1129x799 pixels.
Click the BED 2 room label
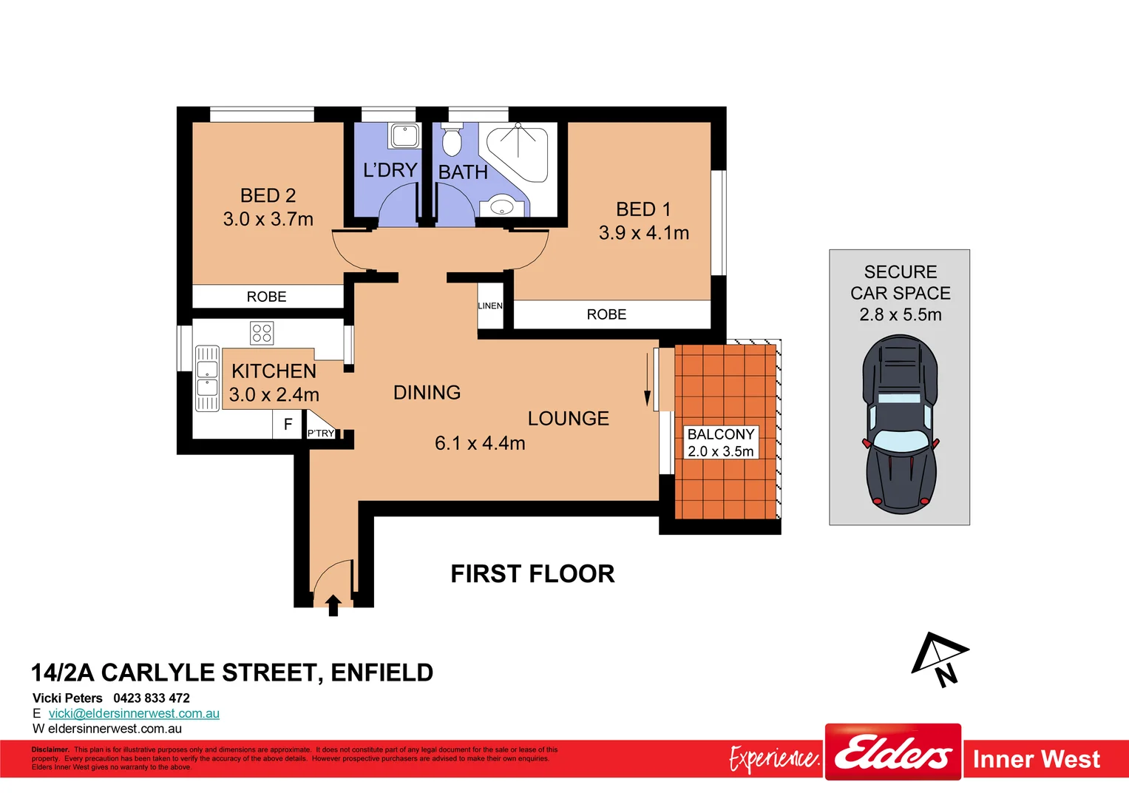click(x=268, y=195)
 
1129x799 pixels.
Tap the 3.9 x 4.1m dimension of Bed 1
click(x=643, y=233)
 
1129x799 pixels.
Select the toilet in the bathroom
click(x=451, y=140)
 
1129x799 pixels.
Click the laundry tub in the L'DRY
click(x=404, y=136)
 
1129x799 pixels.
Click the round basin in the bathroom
click(x=502, y=206)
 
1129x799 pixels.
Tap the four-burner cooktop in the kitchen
click(x=262, y=333)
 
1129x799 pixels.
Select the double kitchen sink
click(x=207, y=378)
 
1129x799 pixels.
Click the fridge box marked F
click(x=288, y=425)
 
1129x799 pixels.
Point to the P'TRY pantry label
click(x=321, y=433)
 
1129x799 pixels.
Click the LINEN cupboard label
click(x=489, y=306)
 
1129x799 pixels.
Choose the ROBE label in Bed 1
click(x=606, y=314)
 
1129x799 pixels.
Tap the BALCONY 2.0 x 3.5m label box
click(x=721, y=442)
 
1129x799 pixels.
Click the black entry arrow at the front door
click(x=333, y=605)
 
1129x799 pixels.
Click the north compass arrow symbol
click(x=937, y=658)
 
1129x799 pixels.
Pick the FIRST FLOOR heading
click(x=532, y=574)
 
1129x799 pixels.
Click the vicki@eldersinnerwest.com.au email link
click(x=134, y=713)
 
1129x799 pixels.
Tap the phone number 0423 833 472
click(x=152, y=698)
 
